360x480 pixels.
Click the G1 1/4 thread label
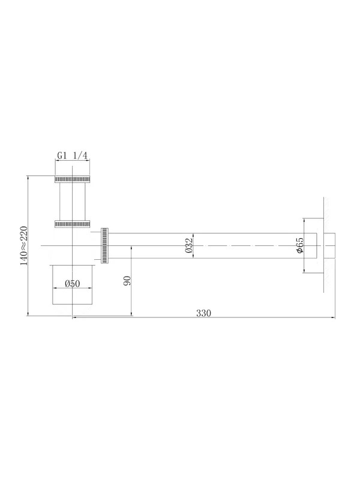coord(72,155)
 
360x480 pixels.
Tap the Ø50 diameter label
coord(73,284)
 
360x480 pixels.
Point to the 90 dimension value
coord(127,281)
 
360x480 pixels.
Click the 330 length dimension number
coord(203,313)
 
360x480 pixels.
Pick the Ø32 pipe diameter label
coord(189,245)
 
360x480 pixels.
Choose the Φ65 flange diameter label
coord(299,245)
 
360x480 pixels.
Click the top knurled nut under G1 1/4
coord(72,179)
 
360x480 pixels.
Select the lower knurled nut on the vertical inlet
coord(72,224)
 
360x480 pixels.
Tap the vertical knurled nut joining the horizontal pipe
coord(104,245)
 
